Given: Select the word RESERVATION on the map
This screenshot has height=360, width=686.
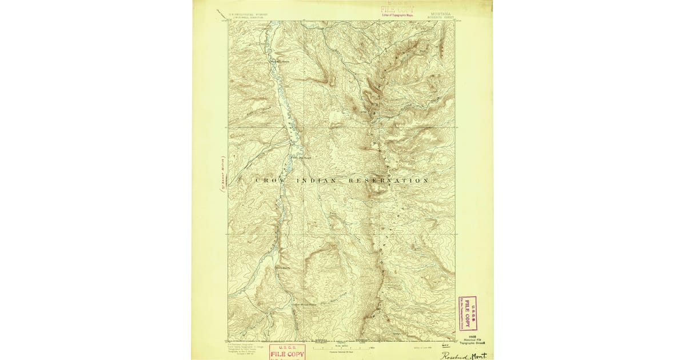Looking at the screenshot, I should [388, 181].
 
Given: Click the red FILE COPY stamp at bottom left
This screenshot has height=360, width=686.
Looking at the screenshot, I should [287, 351].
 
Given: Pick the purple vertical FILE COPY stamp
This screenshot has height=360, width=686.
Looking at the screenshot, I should [468, 314].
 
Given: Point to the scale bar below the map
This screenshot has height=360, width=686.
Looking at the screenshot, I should [342, 346].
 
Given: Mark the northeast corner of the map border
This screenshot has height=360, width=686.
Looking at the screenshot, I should [455, 21].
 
